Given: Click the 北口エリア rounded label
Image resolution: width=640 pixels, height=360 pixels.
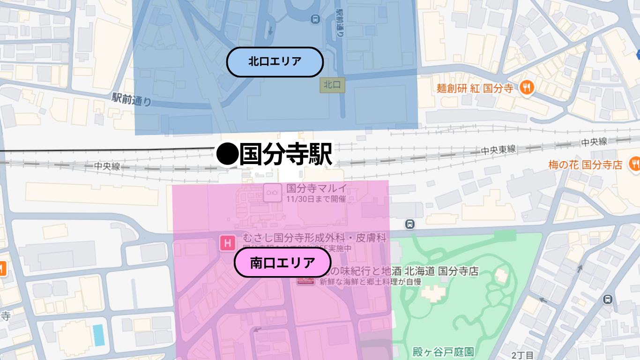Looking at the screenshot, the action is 275,62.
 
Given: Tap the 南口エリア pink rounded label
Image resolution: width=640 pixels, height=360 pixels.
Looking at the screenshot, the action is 283,262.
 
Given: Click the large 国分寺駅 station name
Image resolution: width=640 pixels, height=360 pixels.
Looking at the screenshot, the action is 285,154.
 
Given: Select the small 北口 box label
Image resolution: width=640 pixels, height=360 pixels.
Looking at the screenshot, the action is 332,85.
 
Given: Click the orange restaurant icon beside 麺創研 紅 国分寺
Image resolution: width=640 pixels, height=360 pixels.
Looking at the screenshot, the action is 528,88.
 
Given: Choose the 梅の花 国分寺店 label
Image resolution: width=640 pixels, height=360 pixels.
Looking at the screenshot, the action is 585,165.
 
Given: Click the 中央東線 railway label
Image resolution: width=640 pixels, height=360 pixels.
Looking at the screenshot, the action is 499,150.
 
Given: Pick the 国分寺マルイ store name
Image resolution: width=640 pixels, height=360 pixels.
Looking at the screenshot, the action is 317,188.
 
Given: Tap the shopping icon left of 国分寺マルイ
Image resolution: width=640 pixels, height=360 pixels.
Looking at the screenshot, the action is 272,192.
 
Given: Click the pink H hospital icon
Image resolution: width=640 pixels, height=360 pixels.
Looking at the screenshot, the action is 228,243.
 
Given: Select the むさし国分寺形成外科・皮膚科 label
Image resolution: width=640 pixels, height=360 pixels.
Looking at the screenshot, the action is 315,238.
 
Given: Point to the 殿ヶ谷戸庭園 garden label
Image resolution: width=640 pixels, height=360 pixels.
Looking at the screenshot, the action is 443,352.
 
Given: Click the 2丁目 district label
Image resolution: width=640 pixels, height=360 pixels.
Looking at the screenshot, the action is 522,355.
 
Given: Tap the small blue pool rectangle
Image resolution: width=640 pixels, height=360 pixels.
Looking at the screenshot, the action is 98,335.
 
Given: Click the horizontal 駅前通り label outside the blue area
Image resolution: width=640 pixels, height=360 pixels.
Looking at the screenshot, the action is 132,99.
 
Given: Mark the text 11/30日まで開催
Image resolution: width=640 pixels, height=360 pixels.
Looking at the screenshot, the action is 316,199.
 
